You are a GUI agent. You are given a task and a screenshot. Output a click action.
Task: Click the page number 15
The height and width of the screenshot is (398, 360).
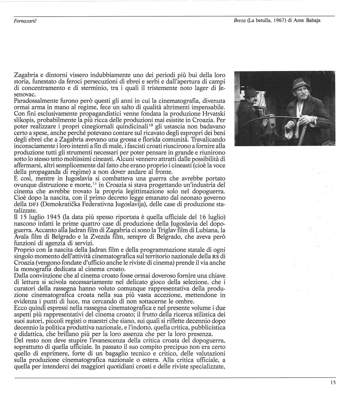point(333,383)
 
